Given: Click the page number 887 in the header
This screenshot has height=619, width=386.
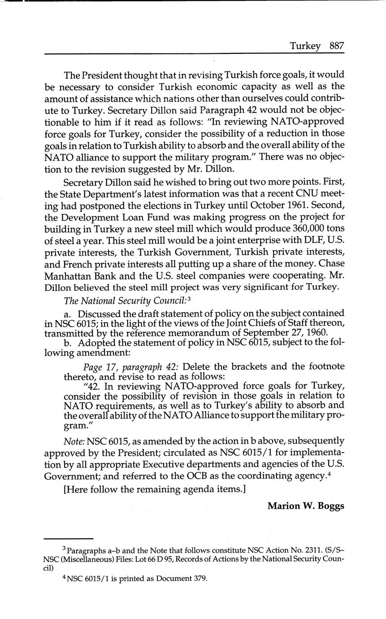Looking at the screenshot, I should click(336, 46).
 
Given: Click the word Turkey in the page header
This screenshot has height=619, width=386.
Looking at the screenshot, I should click(305, 46).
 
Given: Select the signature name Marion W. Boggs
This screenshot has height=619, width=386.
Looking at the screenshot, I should click(306, 506).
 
